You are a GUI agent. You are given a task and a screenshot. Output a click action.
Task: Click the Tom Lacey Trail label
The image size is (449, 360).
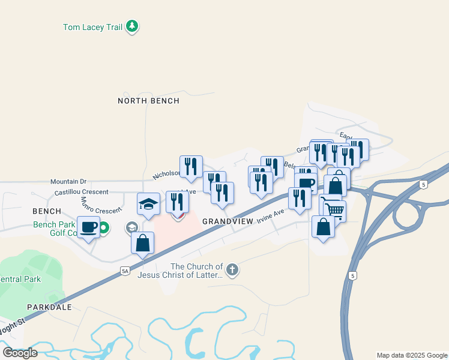[93, 27]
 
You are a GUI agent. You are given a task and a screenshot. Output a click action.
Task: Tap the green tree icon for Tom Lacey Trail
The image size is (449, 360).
[132, 26]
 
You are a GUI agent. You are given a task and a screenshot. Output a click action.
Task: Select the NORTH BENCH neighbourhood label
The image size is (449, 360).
[148, 101]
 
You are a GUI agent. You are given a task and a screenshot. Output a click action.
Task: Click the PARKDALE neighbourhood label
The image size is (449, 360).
[49, 307]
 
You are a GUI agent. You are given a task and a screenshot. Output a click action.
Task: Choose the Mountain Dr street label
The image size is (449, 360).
[68, 181]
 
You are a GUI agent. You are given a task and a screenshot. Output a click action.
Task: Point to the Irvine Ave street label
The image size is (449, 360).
[271, 215]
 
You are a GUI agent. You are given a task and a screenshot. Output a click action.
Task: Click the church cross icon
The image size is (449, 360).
[232, 270]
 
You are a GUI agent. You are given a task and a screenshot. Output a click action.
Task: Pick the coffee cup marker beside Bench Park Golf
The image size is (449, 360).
[88, 227]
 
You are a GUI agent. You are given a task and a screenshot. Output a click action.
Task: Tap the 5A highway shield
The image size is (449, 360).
[125, 271]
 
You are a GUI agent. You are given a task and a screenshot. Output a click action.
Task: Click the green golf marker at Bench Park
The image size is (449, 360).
[103, 227]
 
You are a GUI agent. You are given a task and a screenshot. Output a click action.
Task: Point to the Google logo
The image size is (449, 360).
[20, 353]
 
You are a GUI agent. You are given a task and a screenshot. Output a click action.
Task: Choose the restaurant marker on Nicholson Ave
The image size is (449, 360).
[191, 166]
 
